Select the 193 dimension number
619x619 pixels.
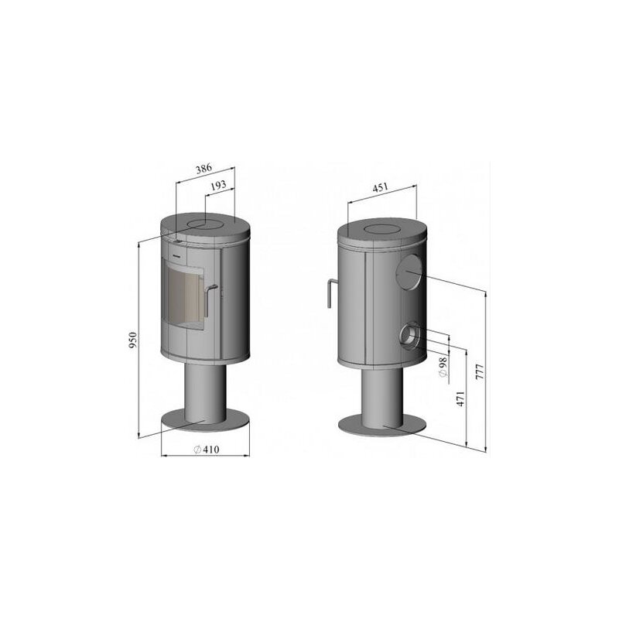pos(218,186)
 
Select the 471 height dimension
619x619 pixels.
pos(460,399)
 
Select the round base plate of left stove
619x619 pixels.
pos(206,422)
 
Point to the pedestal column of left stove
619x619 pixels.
pos(205,391)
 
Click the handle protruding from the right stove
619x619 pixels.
pos(330,293)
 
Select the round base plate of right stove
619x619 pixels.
pos(384,425)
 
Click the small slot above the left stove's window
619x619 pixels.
pos(176,250)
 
